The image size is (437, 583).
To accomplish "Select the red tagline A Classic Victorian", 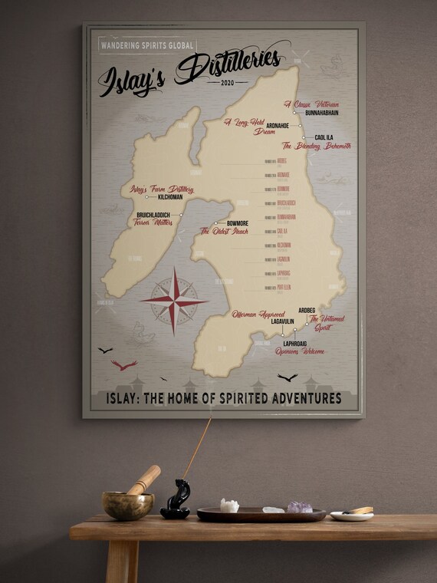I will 311,104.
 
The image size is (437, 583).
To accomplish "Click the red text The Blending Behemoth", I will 317,146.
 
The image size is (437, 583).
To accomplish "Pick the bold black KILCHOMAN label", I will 162,196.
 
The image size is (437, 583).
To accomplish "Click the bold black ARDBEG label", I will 307,311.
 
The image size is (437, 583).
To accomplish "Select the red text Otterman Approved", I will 259,314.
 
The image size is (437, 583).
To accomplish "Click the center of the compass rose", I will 174,301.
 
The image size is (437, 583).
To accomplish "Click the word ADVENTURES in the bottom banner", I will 303,398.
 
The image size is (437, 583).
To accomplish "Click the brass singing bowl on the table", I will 127,505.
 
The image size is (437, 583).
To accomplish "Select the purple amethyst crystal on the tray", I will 300,507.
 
